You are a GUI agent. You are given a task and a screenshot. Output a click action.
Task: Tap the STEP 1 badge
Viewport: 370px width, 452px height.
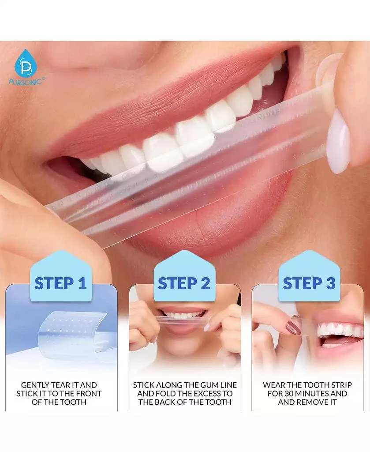(x=61, y=283)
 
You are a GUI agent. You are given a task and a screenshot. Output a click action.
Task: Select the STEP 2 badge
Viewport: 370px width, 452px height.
(x=184, y=283)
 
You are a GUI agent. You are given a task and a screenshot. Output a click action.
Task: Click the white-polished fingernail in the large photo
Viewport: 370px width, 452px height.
(x=339, y=140)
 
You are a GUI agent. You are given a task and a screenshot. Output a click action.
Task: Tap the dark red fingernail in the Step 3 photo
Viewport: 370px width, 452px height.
(x=293, y=327)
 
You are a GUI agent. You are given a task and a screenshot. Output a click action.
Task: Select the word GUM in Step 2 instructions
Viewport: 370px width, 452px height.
(x=205, y=385)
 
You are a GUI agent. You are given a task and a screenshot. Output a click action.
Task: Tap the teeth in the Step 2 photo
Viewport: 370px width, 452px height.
(x=185, y=316)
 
